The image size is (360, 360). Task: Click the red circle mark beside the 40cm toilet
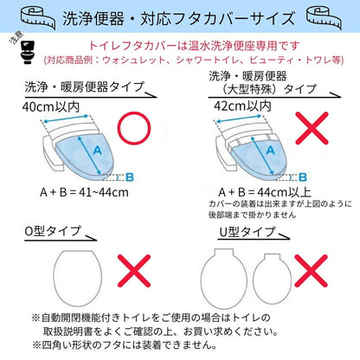[x=138, y=131]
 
